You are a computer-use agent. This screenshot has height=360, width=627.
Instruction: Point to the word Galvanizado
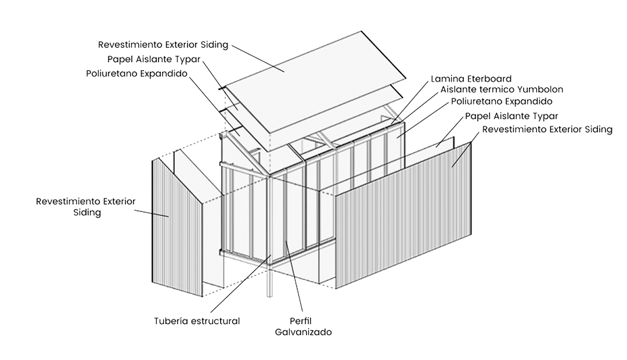tap(304, 332)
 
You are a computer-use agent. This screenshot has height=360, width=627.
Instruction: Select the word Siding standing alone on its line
tap(87, 213)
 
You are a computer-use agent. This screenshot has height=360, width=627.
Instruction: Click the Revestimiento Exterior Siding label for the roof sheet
tap(163, 44)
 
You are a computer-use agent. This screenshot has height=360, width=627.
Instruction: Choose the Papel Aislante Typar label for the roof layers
tap(154, 59)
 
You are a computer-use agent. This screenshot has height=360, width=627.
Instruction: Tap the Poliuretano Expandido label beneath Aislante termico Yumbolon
tap(502, 101)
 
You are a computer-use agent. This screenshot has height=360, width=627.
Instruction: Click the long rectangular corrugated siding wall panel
tap(403, 215)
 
